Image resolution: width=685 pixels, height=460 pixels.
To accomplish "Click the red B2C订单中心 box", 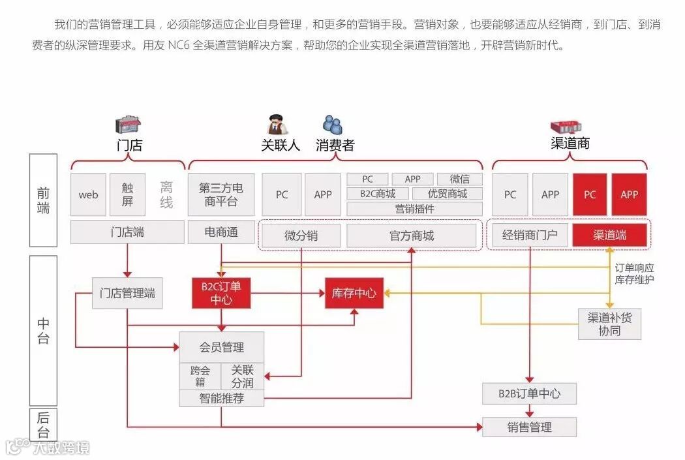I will tap(221, 294).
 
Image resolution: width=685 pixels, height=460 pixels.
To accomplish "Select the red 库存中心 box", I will tap(354, 294).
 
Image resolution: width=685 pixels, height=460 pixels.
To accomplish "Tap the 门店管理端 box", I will tap(127, 294).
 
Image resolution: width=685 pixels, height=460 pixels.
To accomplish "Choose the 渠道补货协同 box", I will tap(609, 324).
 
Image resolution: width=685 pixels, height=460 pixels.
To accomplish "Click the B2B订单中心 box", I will tap(529, 393).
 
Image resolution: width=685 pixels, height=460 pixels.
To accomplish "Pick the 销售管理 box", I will tap(529, 427).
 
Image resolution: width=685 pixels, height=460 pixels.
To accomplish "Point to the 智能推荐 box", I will tap(221, 398).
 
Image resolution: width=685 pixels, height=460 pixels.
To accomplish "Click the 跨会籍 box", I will tap(200, 376).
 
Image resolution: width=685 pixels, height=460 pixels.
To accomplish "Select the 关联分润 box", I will tap(242, 376).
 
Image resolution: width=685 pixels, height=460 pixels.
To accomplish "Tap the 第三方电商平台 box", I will tap(221, 194).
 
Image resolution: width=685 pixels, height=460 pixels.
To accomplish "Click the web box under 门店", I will tap(88, 194).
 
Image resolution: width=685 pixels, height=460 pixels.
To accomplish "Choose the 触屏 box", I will tap(127, 194).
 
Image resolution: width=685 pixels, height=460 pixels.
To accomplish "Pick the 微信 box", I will tap(460, 179).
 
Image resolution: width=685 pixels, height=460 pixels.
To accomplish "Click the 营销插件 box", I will tap(414, 209).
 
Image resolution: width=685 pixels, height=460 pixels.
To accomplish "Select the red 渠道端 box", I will tap(609, 235).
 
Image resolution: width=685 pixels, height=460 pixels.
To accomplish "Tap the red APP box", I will tap(629, 194).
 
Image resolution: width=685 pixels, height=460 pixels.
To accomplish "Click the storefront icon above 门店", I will tap(129, 124).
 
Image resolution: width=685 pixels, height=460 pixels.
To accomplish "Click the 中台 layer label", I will tap(43, 330).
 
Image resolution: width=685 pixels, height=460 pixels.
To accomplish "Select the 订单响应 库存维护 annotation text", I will tap(635, 273).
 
